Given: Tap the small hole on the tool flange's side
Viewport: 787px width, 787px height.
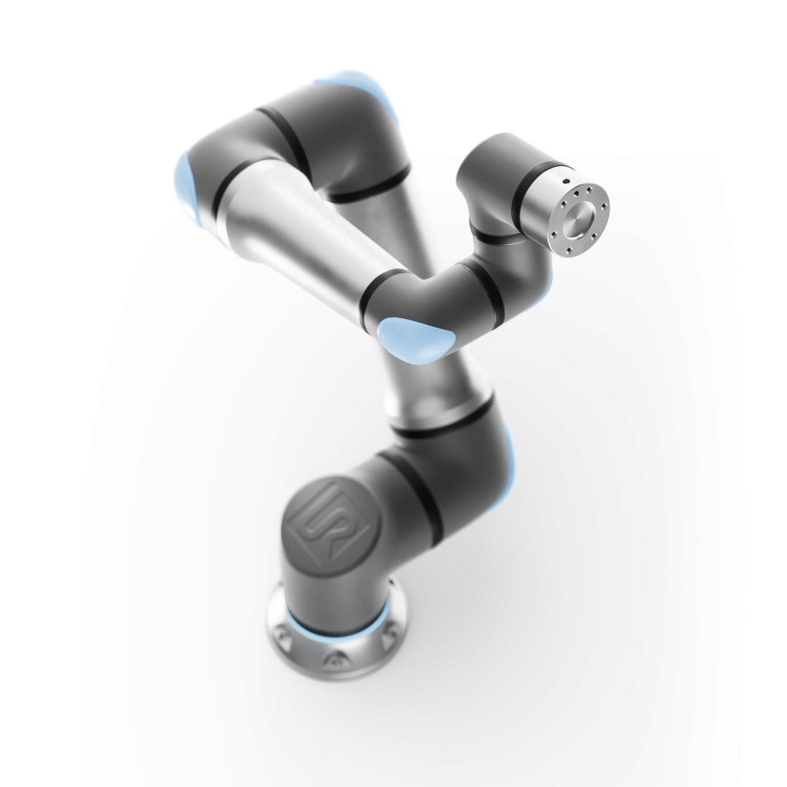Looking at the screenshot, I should coord(565,181).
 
